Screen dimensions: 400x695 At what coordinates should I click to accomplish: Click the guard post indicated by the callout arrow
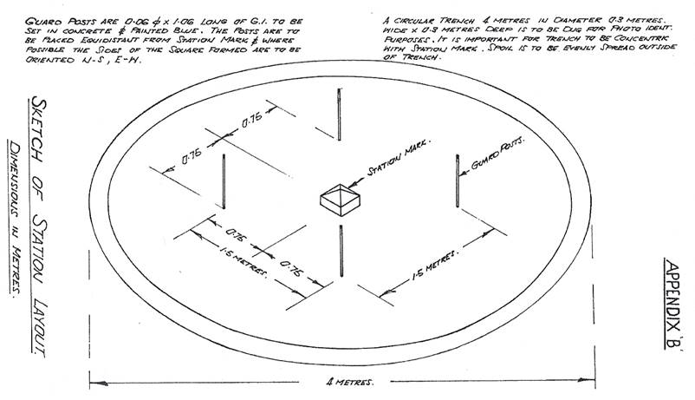tap(456, 181)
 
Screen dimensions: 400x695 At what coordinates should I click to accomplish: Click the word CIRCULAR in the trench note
tap(412, 17)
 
